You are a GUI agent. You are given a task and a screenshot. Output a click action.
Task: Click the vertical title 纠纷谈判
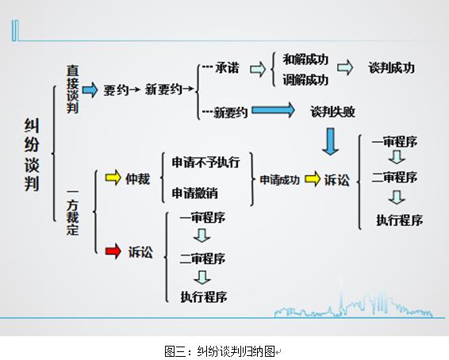click(32, 155)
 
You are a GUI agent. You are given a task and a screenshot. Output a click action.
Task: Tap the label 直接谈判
click(72, 89)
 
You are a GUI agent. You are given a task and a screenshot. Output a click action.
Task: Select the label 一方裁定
click(72, 212)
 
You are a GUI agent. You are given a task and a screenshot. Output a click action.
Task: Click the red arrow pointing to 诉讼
click(113, 251)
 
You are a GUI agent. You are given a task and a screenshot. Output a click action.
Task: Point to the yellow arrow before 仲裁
click(113, 178)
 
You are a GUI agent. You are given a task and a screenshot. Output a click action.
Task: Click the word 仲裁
click(137, 179)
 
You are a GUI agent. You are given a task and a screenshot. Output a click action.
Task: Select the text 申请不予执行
click(206, 163)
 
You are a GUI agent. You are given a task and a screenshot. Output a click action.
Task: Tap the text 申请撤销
click(194, 193)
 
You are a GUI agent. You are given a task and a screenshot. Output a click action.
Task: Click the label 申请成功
click(279, 180)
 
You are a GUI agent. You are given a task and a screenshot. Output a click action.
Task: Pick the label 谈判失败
click(332, 111)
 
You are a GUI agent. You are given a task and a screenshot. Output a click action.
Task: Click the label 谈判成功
click(391, 68)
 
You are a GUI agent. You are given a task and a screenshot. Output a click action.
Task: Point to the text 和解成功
click(305, 59)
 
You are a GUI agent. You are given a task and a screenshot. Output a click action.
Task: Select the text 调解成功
click(305, 79)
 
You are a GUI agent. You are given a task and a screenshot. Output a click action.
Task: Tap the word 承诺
click(227, 68)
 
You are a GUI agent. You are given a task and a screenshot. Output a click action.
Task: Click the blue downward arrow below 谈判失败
click(331, 141)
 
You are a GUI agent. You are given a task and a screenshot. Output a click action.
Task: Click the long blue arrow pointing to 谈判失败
click(273, 110)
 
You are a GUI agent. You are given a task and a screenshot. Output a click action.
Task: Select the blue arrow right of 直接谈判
click(90, 90)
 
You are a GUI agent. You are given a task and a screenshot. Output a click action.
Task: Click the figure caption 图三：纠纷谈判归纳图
click(220, 351)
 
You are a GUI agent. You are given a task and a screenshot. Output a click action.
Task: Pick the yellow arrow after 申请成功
click(313, 178)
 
